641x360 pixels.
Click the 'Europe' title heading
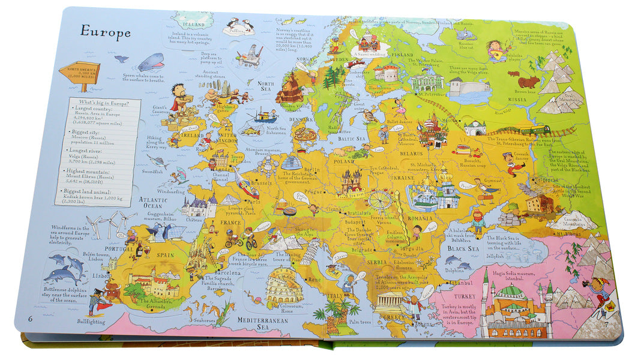[106, 31]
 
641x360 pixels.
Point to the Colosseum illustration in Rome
[284, 288]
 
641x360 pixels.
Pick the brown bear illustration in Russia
[529, 82]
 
